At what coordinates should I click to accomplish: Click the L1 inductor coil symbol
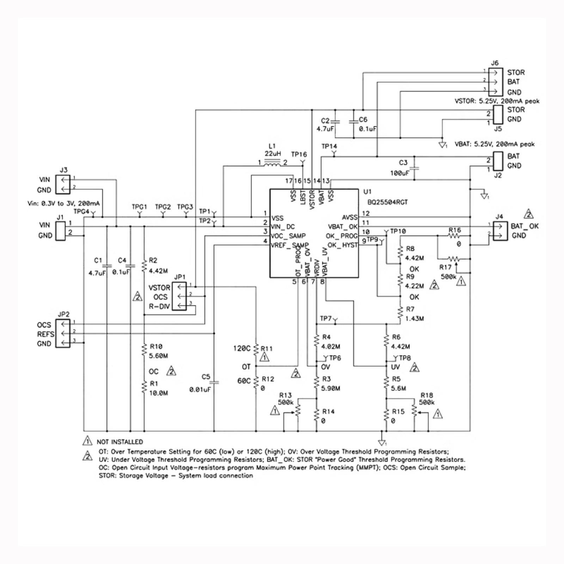click(272, 163)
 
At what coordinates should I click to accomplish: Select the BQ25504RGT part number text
click(387, 202)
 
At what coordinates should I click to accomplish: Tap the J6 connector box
click(495, 82)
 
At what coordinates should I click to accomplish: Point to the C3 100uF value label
click(400, 173)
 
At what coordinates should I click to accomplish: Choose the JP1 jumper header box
click(179, 296)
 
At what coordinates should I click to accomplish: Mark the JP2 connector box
click(63, 333)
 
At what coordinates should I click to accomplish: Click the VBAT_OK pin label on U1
click(343, 227)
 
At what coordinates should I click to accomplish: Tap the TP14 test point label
click(329, 146)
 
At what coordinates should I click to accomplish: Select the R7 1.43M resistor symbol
click(400, 313)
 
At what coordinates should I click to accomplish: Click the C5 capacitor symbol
click(214, 382)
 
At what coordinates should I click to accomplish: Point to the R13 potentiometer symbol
click(298, 410)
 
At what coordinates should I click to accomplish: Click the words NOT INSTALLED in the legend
click(120, 442)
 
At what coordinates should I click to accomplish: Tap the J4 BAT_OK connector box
click(500, 231)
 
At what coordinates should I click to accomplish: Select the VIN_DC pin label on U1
click(283, 227)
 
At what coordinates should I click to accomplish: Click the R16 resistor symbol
click(454, 235)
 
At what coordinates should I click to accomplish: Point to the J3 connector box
click(63, 184)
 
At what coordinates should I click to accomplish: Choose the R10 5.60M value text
click(158, 356)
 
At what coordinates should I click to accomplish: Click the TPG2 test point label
click(163, 207)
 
